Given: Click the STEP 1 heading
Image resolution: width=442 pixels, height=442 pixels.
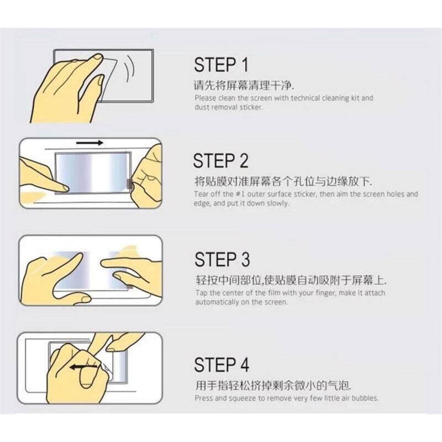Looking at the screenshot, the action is coord(222,65).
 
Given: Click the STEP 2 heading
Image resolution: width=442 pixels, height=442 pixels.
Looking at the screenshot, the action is coord(220,160).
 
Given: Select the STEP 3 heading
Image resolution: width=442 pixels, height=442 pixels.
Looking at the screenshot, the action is coord(222,259).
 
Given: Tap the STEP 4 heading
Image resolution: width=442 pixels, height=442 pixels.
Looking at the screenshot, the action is coord(222,365).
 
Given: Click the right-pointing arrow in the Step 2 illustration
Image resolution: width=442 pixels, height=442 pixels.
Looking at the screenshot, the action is coord(90,143).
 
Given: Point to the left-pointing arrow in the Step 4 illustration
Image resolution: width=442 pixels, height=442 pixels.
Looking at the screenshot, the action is coord(83,367).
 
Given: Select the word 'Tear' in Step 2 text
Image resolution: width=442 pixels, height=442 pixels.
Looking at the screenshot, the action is coord(201,194).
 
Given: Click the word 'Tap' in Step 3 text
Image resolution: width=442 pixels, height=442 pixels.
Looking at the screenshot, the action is coord(201,293).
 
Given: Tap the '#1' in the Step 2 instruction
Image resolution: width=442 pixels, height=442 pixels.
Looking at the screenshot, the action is coord(241,194).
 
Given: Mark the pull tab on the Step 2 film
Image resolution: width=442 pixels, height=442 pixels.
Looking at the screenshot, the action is coord(130,185).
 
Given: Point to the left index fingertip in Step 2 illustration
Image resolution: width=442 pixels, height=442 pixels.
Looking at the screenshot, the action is coord(66,188).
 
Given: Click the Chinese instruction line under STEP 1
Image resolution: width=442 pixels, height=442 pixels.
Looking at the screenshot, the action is coord(244,85).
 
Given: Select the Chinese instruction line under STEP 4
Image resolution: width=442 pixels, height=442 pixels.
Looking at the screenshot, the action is coord(273,385).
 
